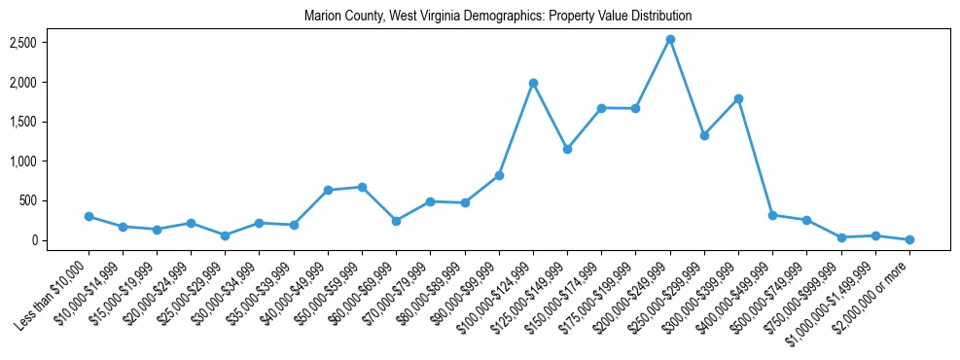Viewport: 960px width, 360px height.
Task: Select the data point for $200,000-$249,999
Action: (x=670, y=40)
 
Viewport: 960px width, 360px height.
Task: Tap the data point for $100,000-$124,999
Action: (x=533, y=84)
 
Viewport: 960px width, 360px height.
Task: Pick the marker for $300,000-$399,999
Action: (x=738, y=99)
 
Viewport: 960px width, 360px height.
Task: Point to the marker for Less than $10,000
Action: (x=89, y=216)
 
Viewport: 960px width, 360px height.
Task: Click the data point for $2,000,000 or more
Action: (x=909, y=239)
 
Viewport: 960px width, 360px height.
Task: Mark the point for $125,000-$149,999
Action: (x=567, y=149)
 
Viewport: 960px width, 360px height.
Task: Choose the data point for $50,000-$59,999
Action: (x=362, y=187)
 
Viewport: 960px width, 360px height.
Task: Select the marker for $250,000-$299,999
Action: (x=704, y=135)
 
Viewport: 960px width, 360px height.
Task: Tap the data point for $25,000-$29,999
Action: (x=225, y=235)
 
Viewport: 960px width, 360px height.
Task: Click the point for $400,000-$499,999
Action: (x=772, y=215)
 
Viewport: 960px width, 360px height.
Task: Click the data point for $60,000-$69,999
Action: (x=396, y=221)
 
